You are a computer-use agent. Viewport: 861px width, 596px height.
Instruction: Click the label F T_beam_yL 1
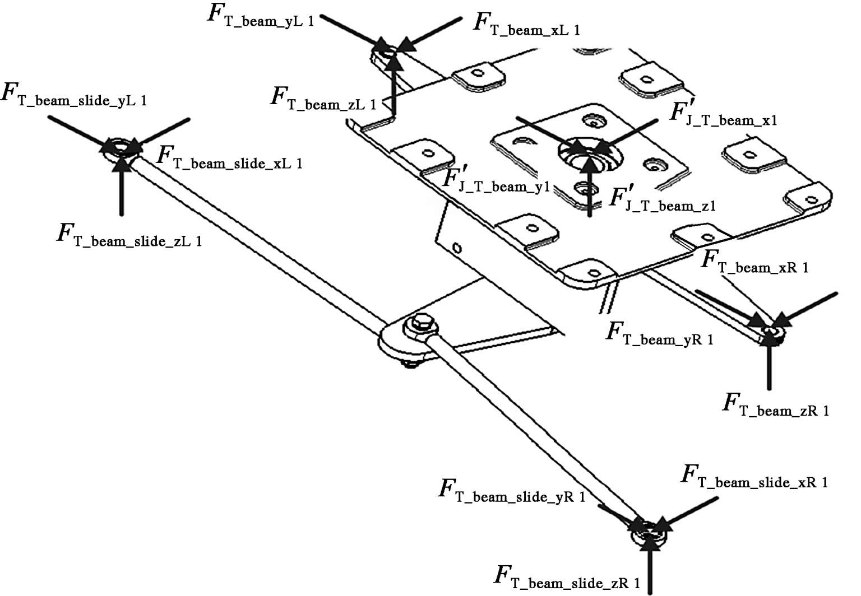(261, 16)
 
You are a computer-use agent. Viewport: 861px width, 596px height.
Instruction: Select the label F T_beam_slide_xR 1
(754, 477)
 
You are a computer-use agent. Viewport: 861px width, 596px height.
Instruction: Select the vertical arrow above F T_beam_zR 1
(769, 359)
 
